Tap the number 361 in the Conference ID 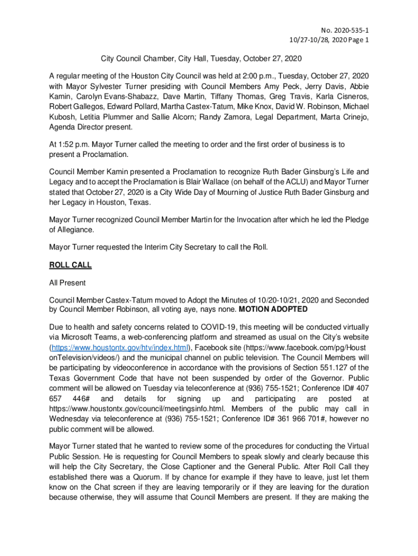point(268,419)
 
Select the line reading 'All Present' point(67,283)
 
